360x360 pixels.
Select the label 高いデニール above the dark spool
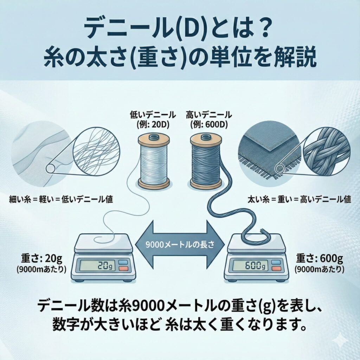tap(208, 115)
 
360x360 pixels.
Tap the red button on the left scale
tap(123, 269)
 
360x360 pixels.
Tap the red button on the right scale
tap(276, 269)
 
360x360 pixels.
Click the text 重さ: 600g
tap(319, 259)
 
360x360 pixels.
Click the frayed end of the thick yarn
tap(262, 232)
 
